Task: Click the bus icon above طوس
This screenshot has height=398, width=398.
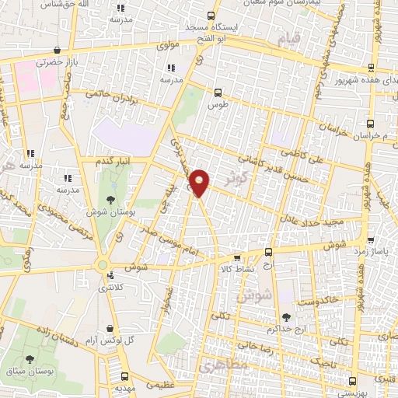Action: pyautogui.click(x=217, y=93)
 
